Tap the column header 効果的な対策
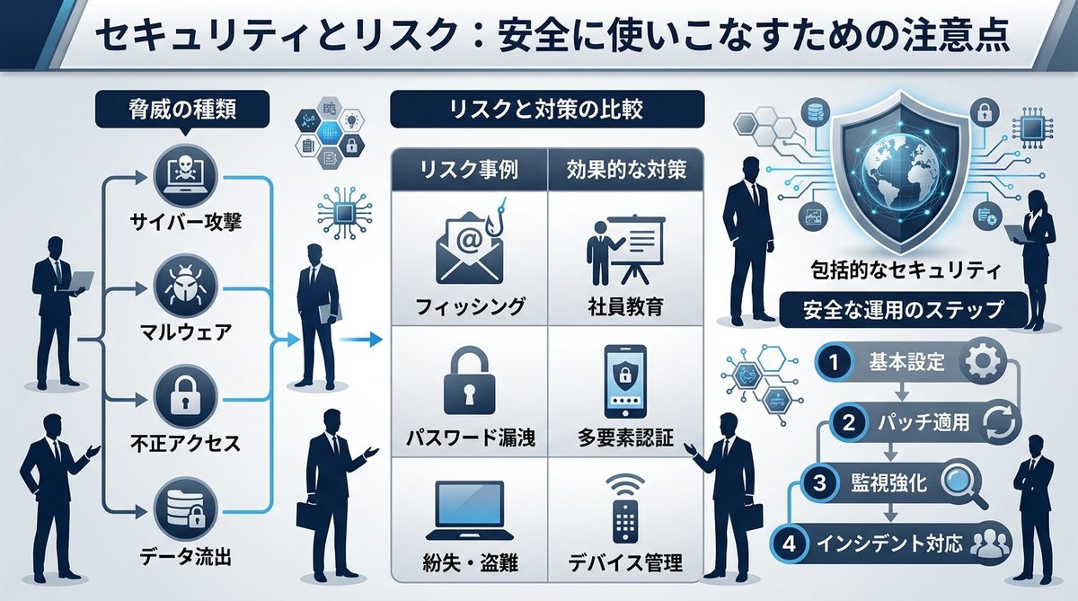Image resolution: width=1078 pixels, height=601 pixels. [x=627, y=169]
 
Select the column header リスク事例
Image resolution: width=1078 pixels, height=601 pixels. [x=470, y=169]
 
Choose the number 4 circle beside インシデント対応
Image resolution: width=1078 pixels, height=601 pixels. [x=790, y=544]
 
